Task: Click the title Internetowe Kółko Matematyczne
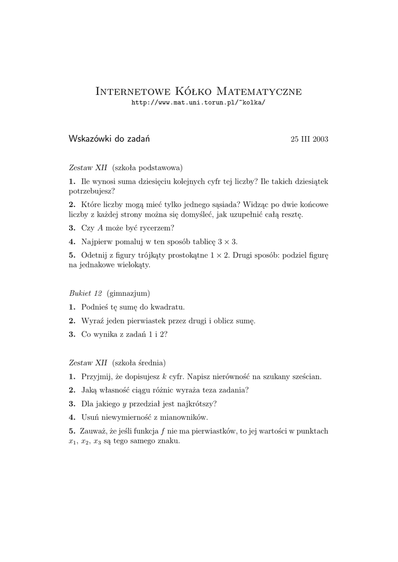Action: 199,91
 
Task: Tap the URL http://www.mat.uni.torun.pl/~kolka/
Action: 199,103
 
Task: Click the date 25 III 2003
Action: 309,139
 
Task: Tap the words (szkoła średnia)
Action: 139,363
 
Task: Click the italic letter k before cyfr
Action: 165,376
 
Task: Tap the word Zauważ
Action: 93,431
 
